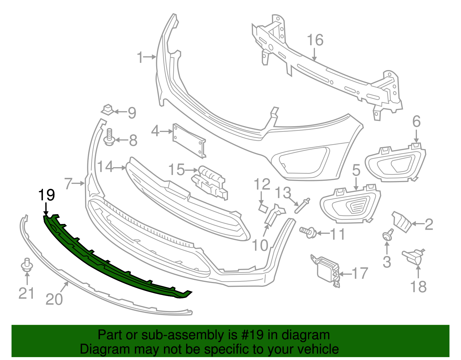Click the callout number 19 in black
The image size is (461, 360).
47,195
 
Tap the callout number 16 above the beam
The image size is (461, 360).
315,40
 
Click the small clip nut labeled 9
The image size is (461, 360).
108,110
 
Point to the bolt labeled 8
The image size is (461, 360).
109,138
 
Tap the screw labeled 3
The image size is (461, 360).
388,235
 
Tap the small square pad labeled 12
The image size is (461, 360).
263,208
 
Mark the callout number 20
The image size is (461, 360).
54,299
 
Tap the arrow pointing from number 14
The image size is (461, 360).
120,167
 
